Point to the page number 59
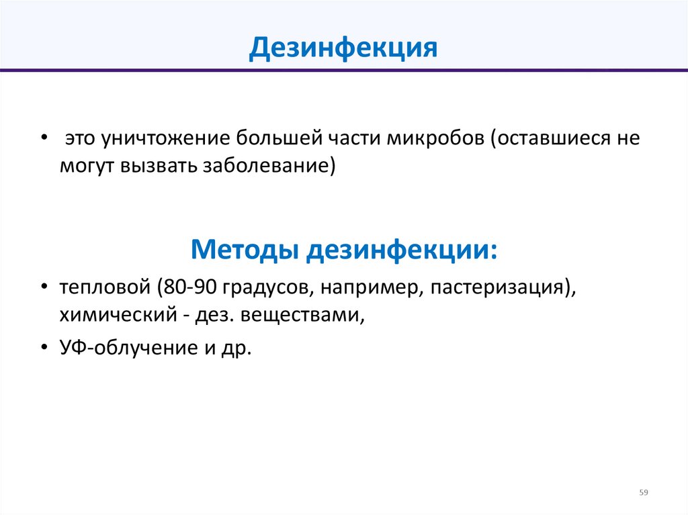(644, 493)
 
